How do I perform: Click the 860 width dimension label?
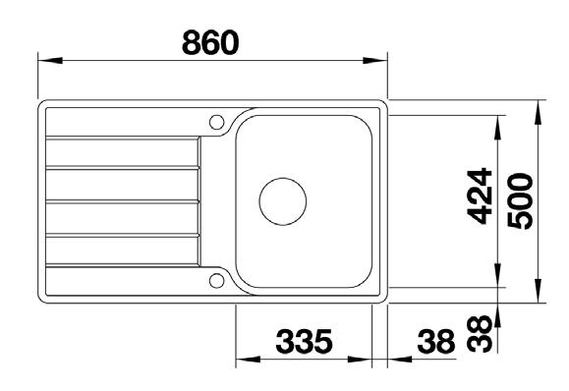[210, 43]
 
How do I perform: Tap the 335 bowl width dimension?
[304, 341]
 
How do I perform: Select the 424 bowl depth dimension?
[480, 195]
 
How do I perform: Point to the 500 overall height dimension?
[520, 200]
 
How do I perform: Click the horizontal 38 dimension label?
[436, 341]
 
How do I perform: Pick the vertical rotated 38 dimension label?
[480, 334]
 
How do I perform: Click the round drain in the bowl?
[283, 201]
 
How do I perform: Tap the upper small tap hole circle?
[216, 122]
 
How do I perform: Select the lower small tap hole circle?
[216, 281]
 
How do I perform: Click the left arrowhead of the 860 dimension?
[50, 60]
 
